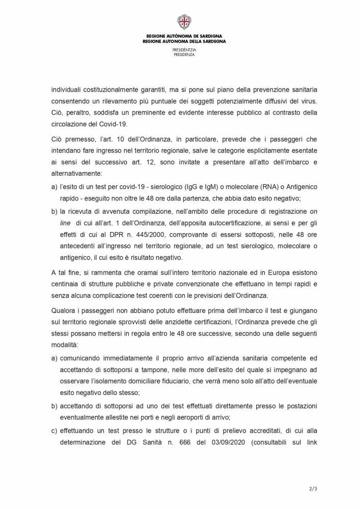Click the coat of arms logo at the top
coord(184,22)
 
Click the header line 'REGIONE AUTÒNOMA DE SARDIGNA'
coord(184,37)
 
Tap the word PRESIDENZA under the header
coord(184,54)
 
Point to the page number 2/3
coord(313,489)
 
